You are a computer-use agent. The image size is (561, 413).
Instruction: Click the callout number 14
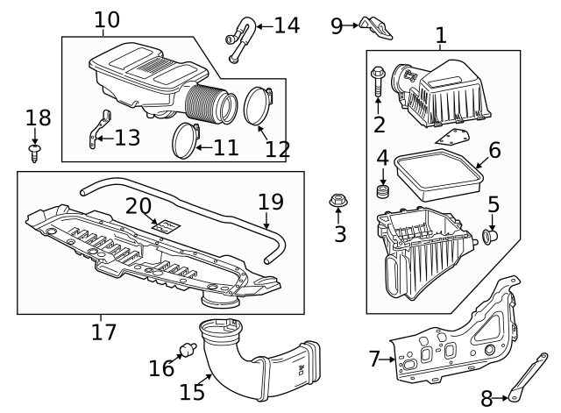(287, 25)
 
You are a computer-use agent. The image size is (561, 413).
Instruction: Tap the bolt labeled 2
(378, 82)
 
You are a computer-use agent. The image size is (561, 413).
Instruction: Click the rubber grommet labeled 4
(382, 190)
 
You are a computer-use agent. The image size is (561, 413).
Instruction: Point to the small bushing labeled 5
(492, 234)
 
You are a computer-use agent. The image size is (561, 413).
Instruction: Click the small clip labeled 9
(377, 28)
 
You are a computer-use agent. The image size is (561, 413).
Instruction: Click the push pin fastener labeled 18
(35, 155)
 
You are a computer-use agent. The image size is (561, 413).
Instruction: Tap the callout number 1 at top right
(441, 36)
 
